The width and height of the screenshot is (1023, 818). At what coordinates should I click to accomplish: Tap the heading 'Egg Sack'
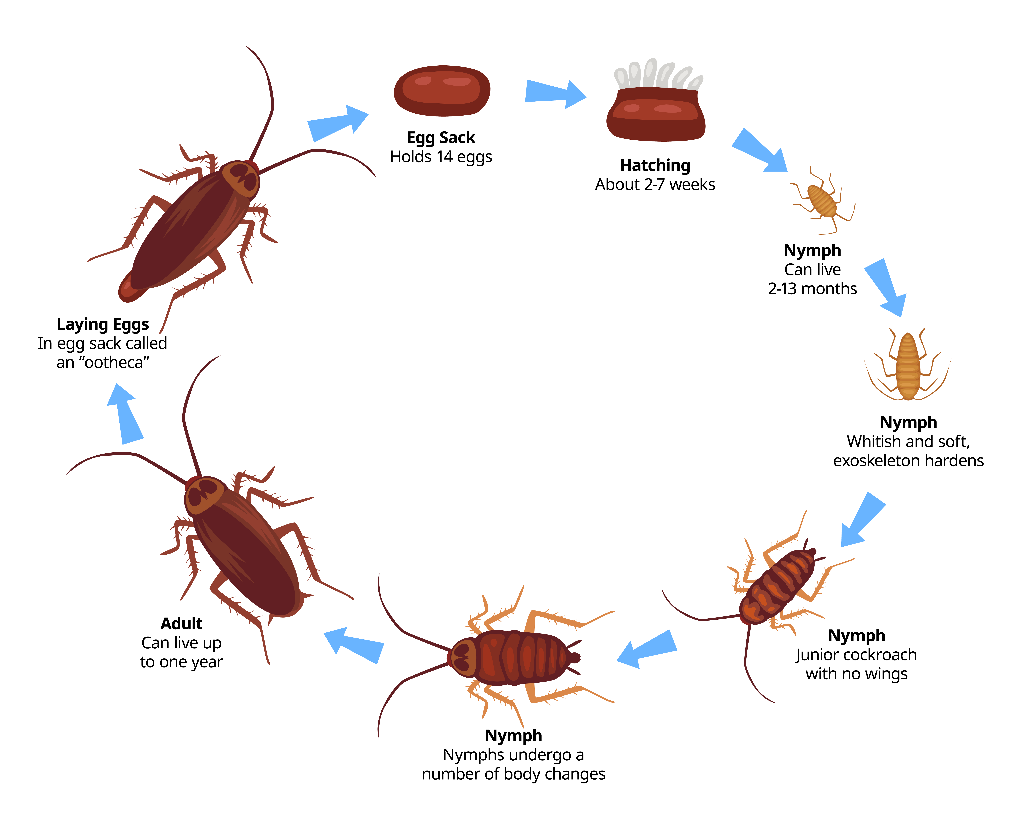point(441,138)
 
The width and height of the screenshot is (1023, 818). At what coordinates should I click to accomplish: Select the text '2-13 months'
point(812,289)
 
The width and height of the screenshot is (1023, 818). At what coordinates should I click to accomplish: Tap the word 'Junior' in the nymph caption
point(812,655)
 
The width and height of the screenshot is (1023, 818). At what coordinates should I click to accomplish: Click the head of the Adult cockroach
point(204,496)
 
